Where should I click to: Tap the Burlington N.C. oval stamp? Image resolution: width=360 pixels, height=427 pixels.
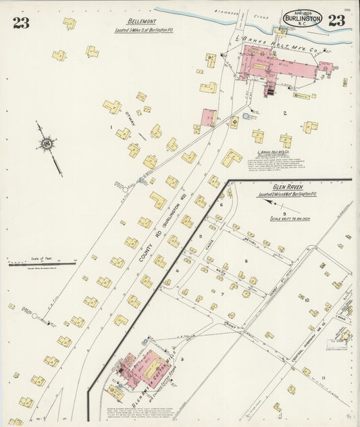click(x=302, y=18)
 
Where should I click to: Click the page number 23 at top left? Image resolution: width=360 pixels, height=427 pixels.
click(x=20, y=23)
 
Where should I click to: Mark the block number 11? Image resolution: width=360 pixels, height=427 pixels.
click(x=324, y=378)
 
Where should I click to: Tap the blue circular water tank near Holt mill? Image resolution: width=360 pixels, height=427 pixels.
click(x=246, y=116)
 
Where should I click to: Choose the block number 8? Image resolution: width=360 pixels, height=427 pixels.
click(x=246, y=261)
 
